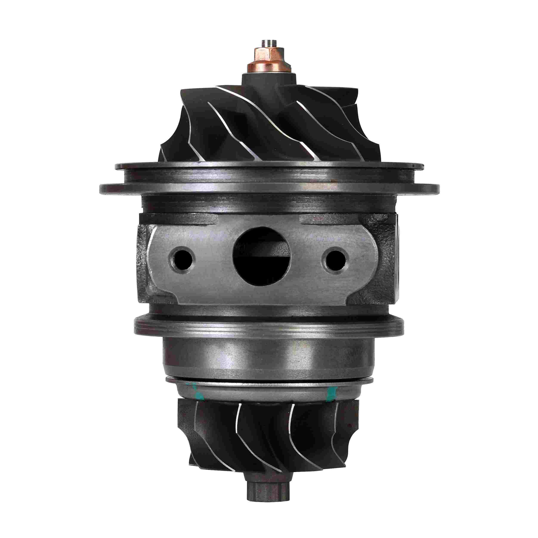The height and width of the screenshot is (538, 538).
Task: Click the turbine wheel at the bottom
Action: pyautogui.click(x=267, y=440)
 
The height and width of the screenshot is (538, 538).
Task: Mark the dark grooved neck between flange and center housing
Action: pyautogui.click(x=269, y=206)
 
